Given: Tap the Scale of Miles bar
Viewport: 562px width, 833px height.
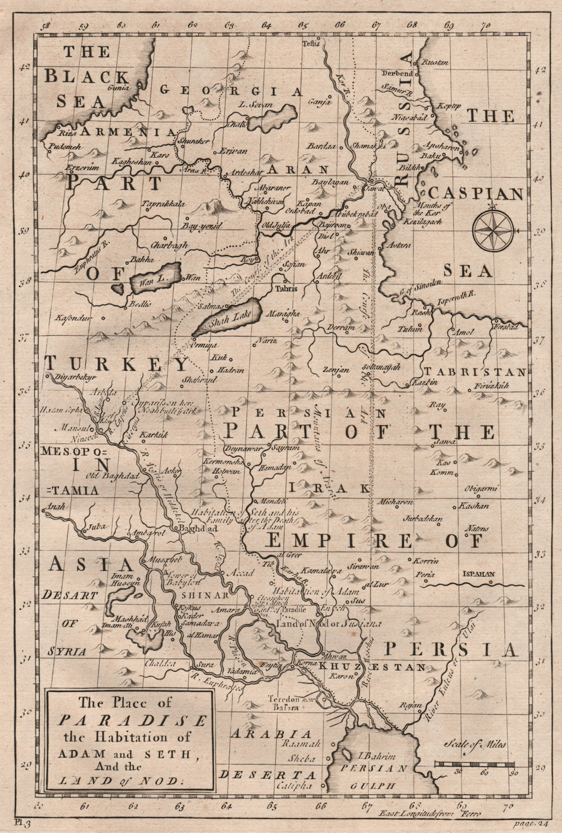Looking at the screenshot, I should coord(475,763).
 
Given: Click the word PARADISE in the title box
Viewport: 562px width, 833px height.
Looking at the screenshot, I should coord(133,720).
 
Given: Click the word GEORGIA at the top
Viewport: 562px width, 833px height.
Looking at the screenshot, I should coord(232,90).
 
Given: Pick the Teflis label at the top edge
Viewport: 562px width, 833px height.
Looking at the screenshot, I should coord(310,43).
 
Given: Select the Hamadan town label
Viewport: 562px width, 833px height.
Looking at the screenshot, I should coord(275,467).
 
